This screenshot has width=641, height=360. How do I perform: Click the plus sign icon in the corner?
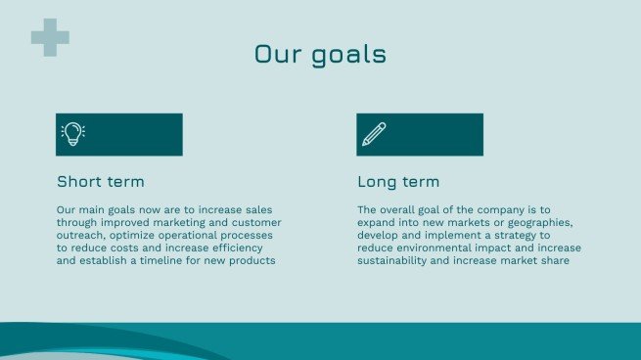tap(50, 36)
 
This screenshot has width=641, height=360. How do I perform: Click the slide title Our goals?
tap(320, 54)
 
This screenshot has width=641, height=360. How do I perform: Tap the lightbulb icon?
tap(72, 134)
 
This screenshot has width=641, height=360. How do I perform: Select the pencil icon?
tap(374, 134)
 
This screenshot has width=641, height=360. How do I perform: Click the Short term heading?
tap(101, 182)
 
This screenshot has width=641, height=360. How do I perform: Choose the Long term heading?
tap(398, 182)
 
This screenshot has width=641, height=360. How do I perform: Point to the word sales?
tap(257, 210)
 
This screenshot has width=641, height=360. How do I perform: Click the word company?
tap(497, 210)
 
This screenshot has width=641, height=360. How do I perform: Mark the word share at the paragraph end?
tap(568, 261)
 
